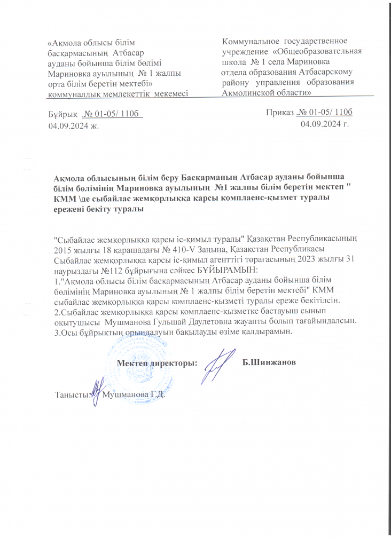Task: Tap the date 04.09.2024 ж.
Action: [x=74, y=125]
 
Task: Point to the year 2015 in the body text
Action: [x=64, y=250]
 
